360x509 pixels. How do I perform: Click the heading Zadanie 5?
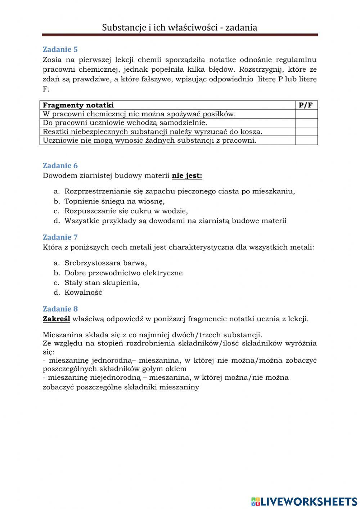[x=60, y=49]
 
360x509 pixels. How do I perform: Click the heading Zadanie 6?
[x=60, y=166]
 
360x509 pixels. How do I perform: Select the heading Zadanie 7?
[x=60, y=237]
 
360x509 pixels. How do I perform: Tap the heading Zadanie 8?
[x=60, y=309]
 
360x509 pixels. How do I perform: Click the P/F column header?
[x=306, y=105]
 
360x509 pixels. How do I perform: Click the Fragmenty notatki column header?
[x=78, y=105]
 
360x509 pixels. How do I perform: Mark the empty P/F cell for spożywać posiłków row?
[x=306, y=114]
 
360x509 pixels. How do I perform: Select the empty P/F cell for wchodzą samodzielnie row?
[x=306, y=123]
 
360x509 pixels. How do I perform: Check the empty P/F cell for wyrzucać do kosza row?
[x=306, y=131]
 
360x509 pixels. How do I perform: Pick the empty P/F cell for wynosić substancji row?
[x=306, y=140]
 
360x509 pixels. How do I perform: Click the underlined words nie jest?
[x=187, y=176]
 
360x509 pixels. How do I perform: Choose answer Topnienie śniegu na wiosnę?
[x=114, y=201]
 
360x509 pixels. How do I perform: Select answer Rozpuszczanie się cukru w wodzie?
[x=126, y=211]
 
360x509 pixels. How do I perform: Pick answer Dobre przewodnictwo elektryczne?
[x=123, y=273]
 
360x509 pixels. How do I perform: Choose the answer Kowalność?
[x=83, y=293]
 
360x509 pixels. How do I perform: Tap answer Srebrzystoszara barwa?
[x=105, y=263]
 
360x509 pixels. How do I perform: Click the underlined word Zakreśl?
[x=56, y=319]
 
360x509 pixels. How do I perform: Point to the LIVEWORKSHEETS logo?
[x=304, y=501]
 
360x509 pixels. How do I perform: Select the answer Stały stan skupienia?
[x=102, y=283]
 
